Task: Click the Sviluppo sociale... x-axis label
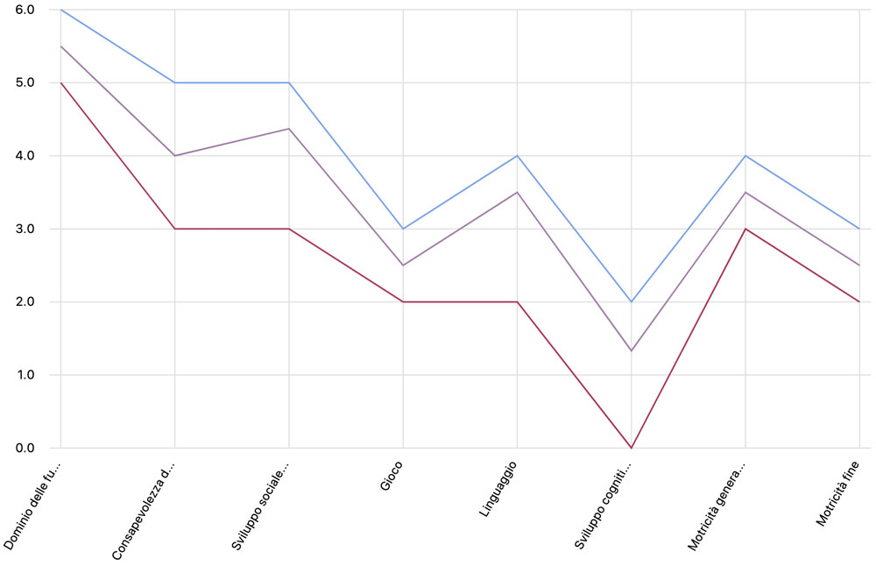coord(261,504)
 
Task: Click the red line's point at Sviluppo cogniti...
coord(631,448)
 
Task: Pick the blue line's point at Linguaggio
coord(517,156)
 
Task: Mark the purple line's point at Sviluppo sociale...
coord(289,129)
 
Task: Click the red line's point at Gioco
coord(403,302)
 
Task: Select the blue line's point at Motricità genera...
coord(745,156)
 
